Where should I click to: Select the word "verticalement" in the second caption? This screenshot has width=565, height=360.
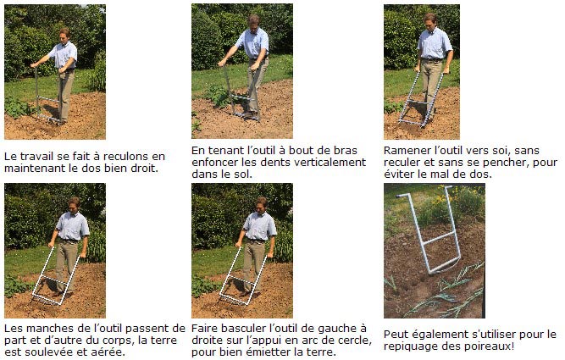[330, 162]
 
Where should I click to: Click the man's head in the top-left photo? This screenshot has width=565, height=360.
[64, 34]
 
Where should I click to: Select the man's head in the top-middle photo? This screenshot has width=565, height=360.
[254, 21]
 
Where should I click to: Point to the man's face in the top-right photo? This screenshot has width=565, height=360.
[429, 21]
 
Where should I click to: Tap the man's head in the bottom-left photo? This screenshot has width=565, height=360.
[74, 204]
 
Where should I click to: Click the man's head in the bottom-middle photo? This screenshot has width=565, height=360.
[261, 204]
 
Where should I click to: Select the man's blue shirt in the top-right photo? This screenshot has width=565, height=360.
[435, 43]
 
